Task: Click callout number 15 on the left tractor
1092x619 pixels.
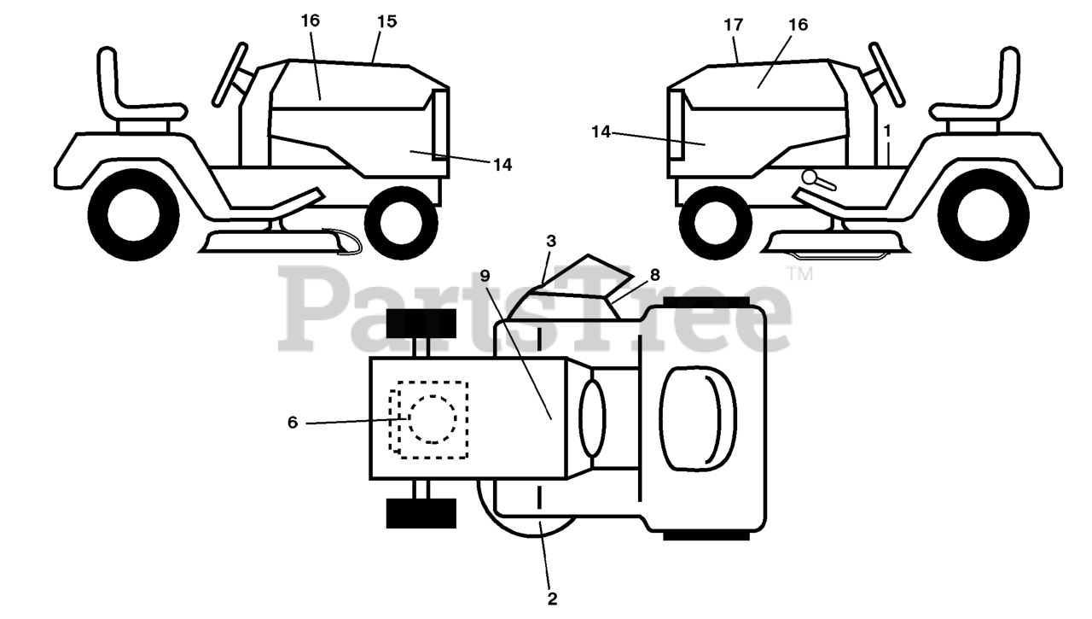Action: [x=386, y=21]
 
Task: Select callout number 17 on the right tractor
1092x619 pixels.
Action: [x=733, y=25]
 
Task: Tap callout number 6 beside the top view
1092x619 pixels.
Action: [x=293, y=423]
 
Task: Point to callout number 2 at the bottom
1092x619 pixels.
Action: [x=552, y=599]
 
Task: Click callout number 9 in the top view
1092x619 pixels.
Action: [x=485, y=275]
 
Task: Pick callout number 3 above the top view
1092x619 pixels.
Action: [x=552, y=242]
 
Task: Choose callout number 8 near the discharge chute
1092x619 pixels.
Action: [x=654, y=275]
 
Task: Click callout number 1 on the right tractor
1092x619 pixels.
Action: [x=887, y=131]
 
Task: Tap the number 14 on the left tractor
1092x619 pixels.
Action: [x=502, y=166]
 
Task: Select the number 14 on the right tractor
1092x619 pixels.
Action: [x=601, y=131]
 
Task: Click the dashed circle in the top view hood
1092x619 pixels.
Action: [x=433, y=418]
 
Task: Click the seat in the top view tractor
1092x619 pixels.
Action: [x=698, y=418]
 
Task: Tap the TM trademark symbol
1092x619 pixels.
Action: [x=799, y=274]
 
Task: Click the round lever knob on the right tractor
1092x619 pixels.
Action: [x=810, y=177]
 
